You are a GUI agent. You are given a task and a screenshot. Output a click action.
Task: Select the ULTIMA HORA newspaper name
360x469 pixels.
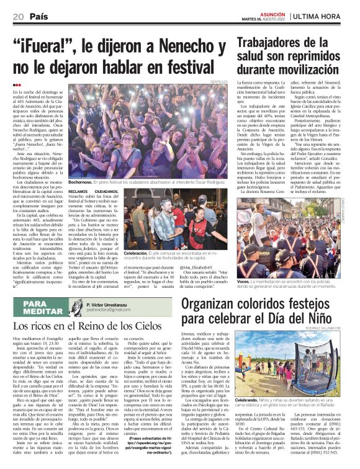coord(326,14)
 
